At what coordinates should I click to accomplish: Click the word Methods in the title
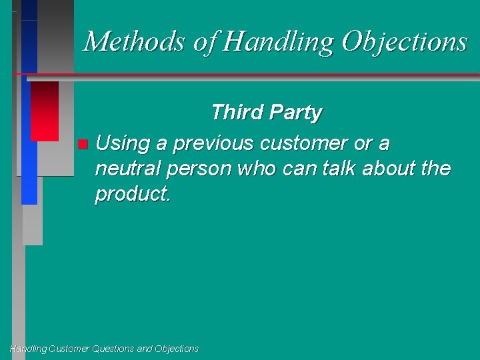point(135,41)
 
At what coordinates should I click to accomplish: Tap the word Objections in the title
point(404,41)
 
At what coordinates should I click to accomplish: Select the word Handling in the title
point(280,41)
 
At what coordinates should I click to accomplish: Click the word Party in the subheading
point(295,113)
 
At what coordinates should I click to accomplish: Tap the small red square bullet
point(81,144)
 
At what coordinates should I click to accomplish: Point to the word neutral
point(128,169)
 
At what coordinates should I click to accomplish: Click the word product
point(132,194)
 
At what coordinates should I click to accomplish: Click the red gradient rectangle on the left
point(45,111)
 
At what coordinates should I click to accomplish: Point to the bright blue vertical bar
point(29,140)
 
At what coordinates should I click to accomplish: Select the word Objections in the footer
point(177,349)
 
